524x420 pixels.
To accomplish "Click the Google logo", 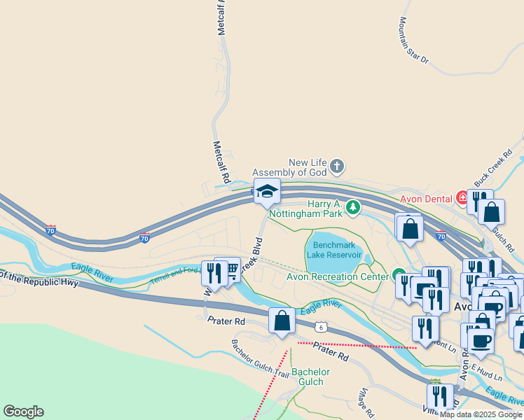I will pos(23,412).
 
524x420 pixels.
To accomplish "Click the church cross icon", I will pos(337,166).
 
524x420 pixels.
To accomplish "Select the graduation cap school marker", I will pos(267,190).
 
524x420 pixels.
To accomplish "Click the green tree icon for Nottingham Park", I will pos(353,206).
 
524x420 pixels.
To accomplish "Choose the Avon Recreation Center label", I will pos(337,276).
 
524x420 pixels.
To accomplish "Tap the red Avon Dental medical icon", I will pos(462,198).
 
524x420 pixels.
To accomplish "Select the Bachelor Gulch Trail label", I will pos(261,349).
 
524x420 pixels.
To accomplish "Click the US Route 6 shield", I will pos(320,326).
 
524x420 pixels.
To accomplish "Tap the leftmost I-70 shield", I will pos(50,230).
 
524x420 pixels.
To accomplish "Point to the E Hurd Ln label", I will pos(488,371).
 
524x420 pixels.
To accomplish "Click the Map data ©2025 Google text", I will pos(481,414).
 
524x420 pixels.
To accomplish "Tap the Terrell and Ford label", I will pos(174,276).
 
